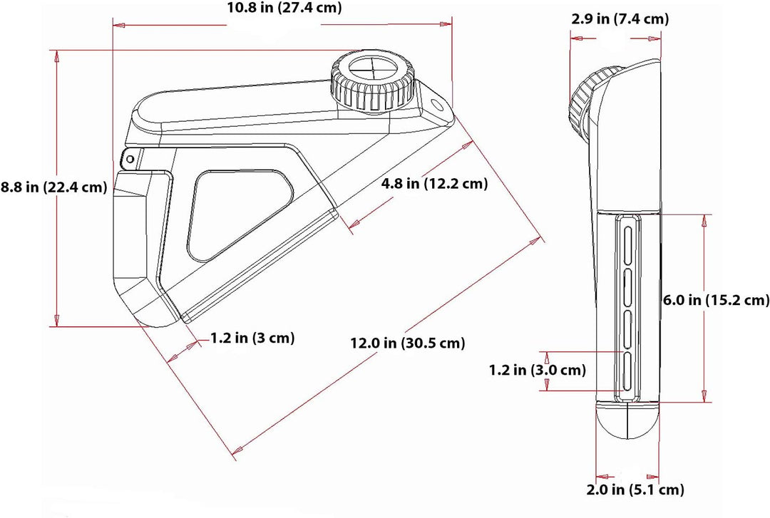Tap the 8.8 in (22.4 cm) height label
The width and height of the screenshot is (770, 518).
coord(53,187)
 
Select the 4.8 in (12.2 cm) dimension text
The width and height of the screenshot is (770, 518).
coord(435,184)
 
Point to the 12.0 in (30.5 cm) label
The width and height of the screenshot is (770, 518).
coord(408,343)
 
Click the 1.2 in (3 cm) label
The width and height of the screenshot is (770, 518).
coord(252,338)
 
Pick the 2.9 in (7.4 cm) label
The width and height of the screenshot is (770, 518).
coord(620,19)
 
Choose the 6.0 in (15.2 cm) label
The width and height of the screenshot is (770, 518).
coord(717,300)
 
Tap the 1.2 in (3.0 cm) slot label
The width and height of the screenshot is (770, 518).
coord(538,370)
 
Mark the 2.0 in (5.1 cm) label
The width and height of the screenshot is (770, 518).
coord(635,489)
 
